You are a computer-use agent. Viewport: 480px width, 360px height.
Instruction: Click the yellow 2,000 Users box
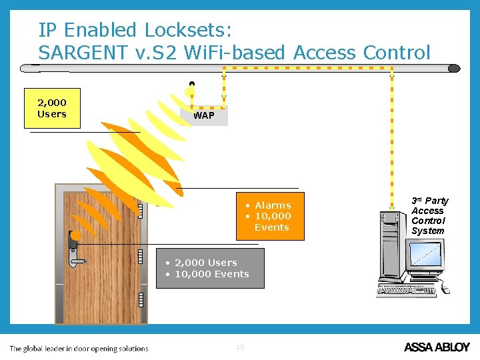52,108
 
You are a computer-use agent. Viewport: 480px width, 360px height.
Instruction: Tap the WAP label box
204,115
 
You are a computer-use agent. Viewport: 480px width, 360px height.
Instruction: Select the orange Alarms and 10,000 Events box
270,217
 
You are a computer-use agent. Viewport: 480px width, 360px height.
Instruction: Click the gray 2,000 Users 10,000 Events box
210,268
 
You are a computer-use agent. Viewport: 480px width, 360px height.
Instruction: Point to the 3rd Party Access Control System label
429,215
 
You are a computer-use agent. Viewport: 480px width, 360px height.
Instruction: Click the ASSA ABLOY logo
437,347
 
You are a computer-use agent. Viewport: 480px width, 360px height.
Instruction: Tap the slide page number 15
240,347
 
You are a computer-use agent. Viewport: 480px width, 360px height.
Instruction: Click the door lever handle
76,261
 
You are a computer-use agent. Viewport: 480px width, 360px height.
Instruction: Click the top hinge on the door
141,210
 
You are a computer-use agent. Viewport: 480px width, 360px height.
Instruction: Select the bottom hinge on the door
141,299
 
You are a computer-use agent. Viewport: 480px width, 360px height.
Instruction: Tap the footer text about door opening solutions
79,348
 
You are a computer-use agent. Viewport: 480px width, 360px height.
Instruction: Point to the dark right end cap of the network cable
454,68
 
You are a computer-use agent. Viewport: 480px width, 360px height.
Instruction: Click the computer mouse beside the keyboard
445,289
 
